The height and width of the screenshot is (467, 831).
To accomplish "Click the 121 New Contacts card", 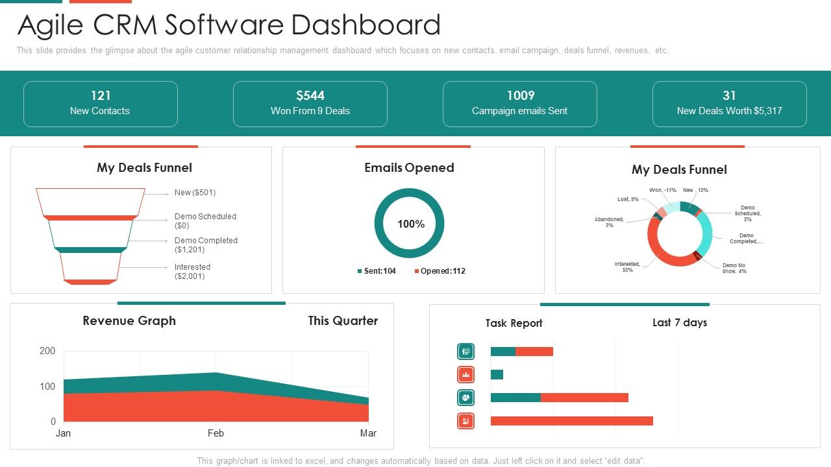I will [100, 104].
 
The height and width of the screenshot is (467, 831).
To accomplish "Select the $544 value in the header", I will [310, 96].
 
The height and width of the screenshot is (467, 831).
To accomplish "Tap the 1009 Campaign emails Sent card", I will [519, 104].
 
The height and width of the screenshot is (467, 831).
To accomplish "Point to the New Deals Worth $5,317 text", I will [729, 111].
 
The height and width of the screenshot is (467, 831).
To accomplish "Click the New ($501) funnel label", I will [195, 193].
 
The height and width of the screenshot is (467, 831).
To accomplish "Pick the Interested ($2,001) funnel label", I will [192, 271].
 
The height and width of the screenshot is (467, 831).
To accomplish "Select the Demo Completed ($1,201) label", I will [206, 245].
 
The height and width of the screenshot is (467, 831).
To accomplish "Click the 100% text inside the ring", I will [410, 224].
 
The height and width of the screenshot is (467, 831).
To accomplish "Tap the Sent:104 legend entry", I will [377, 271].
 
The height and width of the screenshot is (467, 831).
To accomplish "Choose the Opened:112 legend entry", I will [440, 271].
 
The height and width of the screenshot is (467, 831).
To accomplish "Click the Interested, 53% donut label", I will [627, 267].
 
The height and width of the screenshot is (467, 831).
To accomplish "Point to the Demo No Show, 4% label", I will [734, 268].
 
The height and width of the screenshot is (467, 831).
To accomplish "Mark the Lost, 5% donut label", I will [623, 199].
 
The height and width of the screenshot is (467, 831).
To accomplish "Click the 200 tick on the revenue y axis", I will [48, 351].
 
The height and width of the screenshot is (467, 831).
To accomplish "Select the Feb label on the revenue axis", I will [216, 433].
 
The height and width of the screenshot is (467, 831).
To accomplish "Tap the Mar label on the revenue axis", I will [368, 433].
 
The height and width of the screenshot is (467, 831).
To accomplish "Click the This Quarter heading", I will [343, 320].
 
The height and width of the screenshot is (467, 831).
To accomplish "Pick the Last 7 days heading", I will [679, 322].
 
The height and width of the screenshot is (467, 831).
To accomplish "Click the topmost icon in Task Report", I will [465, 352].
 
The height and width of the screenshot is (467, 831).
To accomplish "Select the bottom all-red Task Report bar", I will [571, 421].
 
